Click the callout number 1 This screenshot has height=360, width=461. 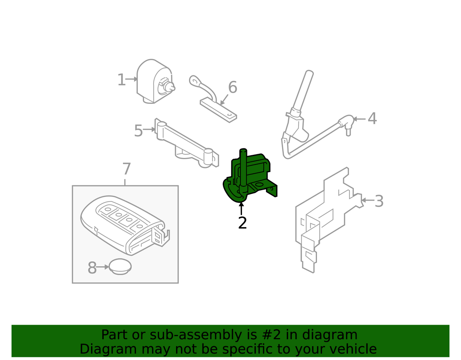point(121,80)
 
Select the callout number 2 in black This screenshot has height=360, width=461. point(242,223)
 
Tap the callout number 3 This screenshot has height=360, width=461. point(379,201)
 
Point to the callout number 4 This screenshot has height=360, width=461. point(372,119)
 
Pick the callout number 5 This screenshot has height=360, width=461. point(139,131)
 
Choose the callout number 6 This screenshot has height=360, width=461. point(232,87)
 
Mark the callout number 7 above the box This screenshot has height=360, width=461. point(126,169)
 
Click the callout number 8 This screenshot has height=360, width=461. point(92,267)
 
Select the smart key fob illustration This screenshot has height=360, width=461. point(125,226)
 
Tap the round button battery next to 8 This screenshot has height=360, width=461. point(120,267)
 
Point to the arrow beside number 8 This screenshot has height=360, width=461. point(103,267)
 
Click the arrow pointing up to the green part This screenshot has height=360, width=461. point(241,209)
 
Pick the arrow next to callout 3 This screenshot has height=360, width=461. point(367,200)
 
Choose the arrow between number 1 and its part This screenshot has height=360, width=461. point(131,79)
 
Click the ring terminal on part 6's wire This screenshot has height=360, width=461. point(194,81)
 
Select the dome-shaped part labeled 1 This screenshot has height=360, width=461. point(155,81)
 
